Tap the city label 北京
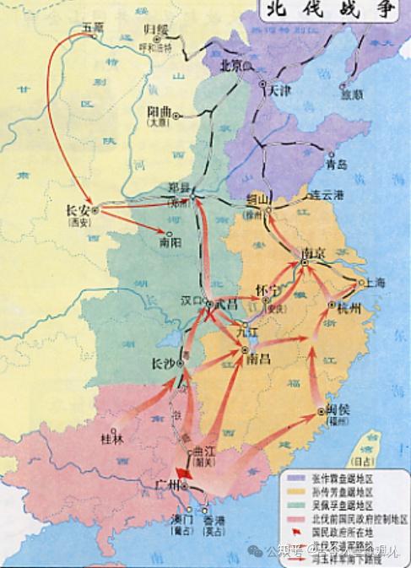(231, 64)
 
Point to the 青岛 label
(335, 164)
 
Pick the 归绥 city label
(156, 30)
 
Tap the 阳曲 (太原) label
(160, 111)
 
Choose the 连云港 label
(328, 195)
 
